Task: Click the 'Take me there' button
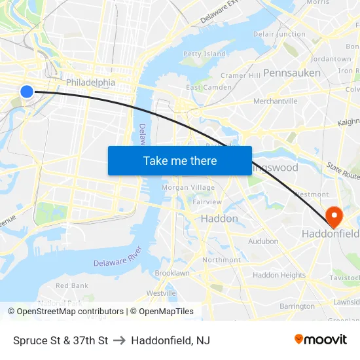[x=179, y=160]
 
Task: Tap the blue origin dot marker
[x=27, y=92]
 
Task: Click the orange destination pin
[x=333, y=217]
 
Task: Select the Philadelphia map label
[x=90, y=83]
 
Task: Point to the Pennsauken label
[x=292, y=73]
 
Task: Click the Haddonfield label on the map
[x=330, y=234]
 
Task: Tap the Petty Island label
[x=204, y=54]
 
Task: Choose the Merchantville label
[x=275, y=101]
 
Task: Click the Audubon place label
[x=263, y=242]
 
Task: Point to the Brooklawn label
[x=171, y=273]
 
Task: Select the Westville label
[x=161, y=293]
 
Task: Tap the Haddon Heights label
[x=279, y=276]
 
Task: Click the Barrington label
[x=297, y=306]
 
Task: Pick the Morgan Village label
[x=188, y=188]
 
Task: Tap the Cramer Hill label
[x=240, y=75]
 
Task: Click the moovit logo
[x=321, y=340]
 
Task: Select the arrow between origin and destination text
[x=120, y=340]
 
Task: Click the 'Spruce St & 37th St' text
[x=60, y=340]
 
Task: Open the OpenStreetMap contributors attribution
[x=70, y=312]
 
